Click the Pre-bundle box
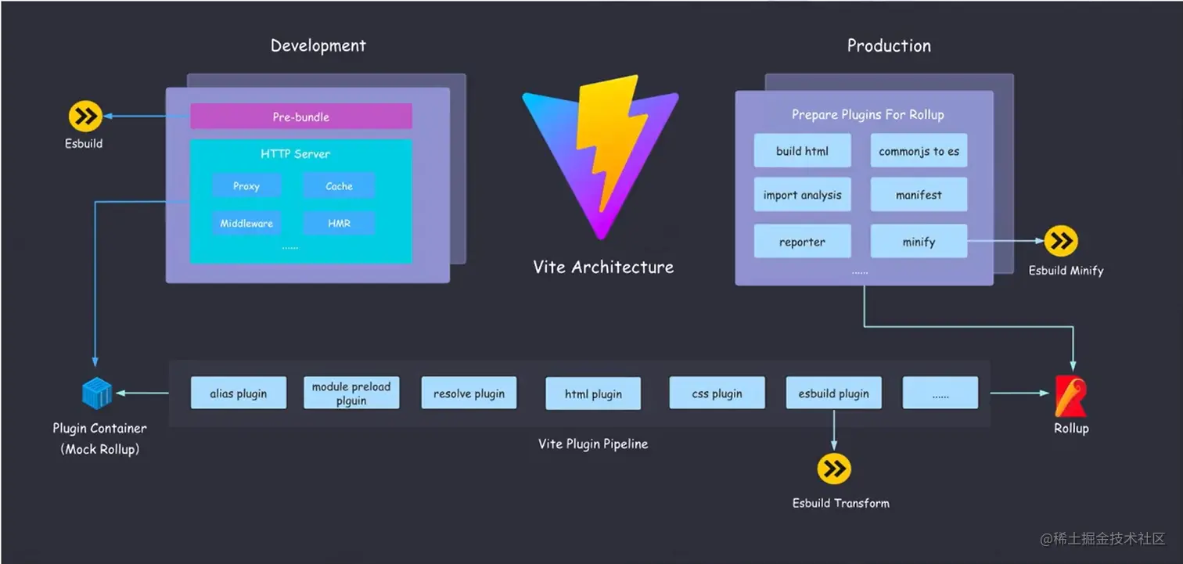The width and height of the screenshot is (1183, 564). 301,117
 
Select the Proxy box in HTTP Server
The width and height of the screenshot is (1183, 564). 246,186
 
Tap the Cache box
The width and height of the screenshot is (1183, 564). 339,186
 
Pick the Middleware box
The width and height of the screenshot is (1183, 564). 246,224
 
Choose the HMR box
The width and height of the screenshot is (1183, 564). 339,224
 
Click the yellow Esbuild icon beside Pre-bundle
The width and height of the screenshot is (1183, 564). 84,117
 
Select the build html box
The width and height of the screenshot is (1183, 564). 802,151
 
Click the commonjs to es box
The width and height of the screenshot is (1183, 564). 919,151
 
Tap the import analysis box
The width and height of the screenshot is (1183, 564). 802,195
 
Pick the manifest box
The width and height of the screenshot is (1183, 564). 919,195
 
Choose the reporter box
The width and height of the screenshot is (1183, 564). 802,242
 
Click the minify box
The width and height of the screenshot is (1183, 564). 919,242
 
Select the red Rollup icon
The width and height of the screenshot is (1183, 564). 1070,396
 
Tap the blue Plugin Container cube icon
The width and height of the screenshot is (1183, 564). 98,393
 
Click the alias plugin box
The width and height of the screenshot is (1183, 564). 238,393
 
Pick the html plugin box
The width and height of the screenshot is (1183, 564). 593,393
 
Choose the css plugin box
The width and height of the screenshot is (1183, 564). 717,393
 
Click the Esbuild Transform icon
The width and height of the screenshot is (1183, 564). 834,469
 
